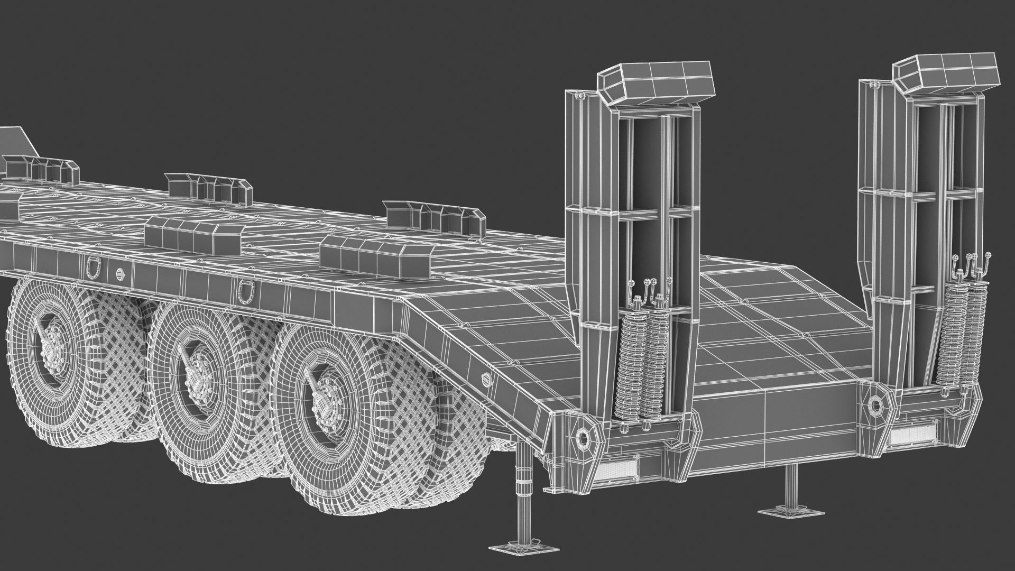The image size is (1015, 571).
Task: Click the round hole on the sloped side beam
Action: [486, 379]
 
